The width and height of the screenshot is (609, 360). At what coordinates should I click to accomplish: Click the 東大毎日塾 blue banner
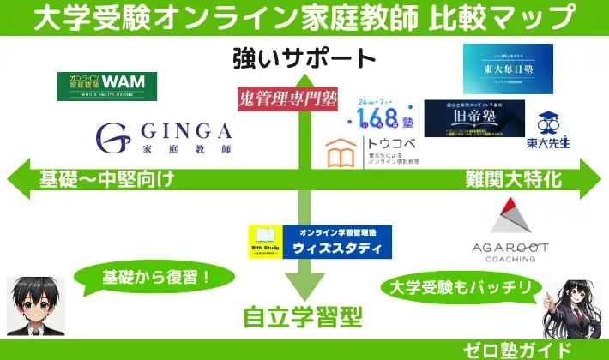[502, 69]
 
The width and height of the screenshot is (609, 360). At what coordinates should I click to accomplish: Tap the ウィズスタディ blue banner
[319, 241]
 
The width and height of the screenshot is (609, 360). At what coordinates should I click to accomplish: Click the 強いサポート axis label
[304, 58]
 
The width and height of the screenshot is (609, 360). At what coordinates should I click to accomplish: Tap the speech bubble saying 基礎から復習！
[156, 278]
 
